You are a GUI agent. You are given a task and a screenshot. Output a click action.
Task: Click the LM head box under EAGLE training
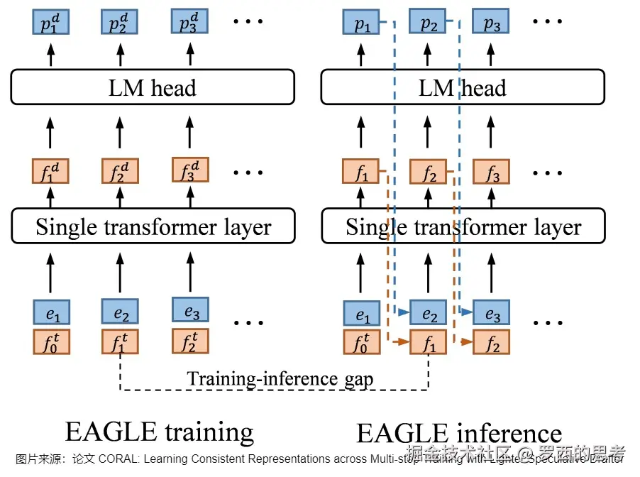click(x=152, y=87)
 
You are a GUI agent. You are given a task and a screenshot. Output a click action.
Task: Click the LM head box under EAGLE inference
click(x=463, y=87)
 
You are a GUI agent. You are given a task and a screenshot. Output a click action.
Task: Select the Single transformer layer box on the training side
click(x=153, y=227)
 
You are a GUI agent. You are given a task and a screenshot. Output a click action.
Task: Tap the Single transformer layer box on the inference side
click(x=463, y=227)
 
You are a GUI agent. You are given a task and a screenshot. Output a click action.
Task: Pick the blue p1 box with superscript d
click(x=50, y=24)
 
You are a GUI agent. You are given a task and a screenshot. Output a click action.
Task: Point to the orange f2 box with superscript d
click(x=120, y=171)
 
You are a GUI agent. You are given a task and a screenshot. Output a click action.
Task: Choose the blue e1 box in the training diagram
click(x=50, y=312)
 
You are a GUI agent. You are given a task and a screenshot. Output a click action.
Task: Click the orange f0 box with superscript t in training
click(x=50, y=341)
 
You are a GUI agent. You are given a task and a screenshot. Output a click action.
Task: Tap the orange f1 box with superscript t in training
click(x=120, y=341)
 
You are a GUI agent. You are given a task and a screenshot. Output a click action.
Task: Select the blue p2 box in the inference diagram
click(x=429, y=24)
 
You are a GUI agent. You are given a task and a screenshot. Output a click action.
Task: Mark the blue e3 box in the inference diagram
click(x=492, y=314)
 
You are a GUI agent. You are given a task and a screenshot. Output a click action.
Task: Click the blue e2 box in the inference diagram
click(x=429, y=314)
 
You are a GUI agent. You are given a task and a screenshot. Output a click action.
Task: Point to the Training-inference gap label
click(x=280, y=378)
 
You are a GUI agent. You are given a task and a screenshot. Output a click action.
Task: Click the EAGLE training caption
click(x=159, y=430)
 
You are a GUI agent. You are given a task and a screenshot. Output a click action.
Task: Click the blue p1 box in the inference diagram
click(x=361, y=24)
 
